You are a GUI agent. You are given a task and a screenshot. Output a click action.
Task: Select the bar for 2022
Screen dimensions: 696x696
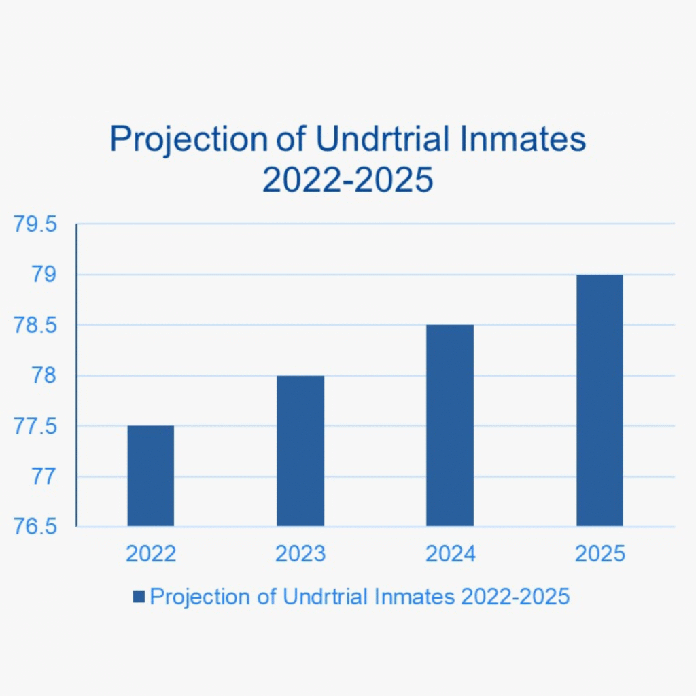coord(151,476)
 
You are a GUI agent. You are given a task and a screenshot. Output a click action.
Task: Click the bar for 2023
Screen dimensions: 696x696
coord(300,451)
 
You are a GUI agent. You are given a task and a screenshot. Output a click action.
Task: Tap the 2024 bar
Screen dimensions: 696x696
coord(450,425)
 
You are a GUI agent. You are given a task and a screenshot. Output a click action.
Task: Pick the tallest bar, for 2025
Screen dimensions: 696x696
coord(599,400)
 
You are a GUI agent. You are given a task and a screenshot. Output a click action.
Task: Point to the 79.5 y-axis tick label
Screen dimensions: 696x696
coord(35,224)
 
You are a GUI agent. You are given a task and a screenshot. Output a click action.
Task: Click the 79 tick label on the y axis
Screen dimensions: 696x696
coord(44,275)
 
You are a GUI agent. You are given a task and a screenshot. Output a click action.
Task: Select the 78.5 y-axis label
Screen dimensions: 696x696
coord(35,326)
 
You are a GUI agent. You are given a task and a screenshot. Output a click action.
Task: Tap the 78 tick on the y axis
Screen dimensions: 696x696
coord(44,375)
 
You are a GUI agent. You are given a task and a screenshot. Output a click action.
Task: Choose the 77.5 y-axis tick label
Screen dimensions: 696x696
coord(35,426)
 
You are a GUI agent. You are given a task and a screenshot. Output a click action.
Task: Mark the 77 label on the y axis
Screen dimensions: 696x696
coord(44,476)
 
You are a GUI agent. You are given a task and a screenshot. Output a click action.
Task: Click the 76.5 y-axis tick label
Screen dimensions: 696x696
coord(35,527)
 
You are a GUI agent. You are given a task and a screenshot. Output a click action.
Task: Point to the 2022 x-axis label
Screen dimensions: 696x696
coord(151,554)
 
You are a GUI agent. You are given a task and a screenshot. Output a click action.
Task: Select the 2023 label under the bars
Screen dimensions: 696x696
coord(300,554)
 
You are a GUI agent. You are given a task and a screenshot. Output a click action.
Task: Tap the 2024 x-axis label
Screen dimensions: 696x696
coord(451,554)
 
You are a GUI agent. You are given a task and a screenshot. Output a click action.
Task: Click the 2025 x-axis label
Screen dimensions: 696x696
coord(600,554)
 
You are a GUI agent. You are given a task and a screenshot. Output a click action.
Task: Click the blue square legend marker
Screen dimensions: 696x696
coord(139,597)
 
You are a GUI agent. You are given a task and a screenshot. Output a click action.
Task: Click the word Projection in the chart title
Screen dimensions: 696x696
coord(189,140)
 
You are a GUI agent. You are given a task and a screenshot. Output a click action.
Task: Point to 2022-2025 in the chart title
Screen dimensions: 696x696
coord(347,179)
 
